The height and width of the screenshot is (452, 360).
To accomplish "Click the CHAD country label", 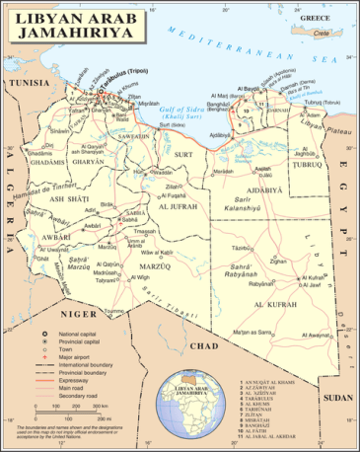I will [203, 345].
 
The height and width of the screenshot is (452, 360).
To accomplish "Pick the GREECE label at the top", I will [314, 19].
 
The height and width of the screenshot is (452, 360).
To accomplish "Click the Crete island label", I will [321, 33].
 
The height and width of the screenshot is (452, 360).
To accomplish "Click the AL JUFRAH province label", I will [179, 206].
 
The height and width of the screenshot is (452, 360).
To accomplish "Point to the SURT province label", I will [184, 155].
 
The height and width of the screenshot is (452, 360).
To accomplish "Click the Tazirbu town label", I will [238, 248].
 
